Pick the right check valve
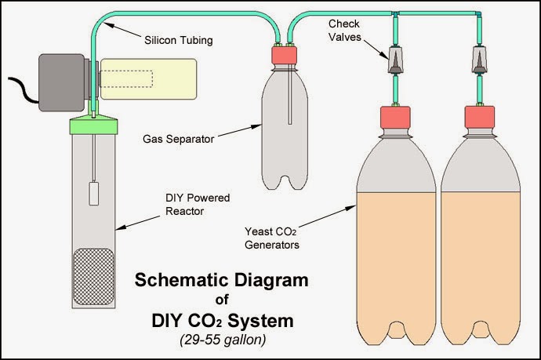(x=476, y=60)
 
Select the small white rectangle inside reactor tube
(x=93, y=193)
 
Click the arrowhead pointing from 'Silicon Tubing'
(x=107, y=26)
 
